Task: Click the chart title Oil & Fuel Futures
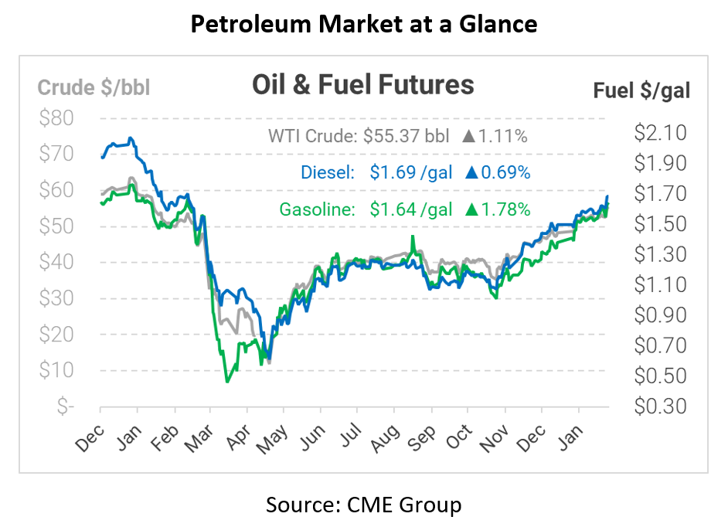click(x=362, y=84)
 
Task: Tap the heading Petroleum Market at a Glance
click(x=363, y=25)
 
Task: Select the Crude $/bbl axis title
click(x=94, y=87)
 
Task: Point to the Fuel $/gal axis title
click(x=641, y=90)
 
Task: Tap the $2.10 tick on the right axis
click(x=660, y=133)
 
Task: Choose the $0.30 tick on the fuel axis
click(x=660, y=406)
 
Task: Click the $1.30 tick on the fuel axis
click(x=660, y=254)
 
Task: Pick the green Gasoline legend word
click(x=315, y=209)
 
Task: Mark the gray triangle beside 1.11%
click(x=468, y=137)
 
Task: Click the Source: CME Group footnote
click(x=363, y=505)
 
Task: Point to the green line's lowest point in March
click(x=227, y=382)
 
